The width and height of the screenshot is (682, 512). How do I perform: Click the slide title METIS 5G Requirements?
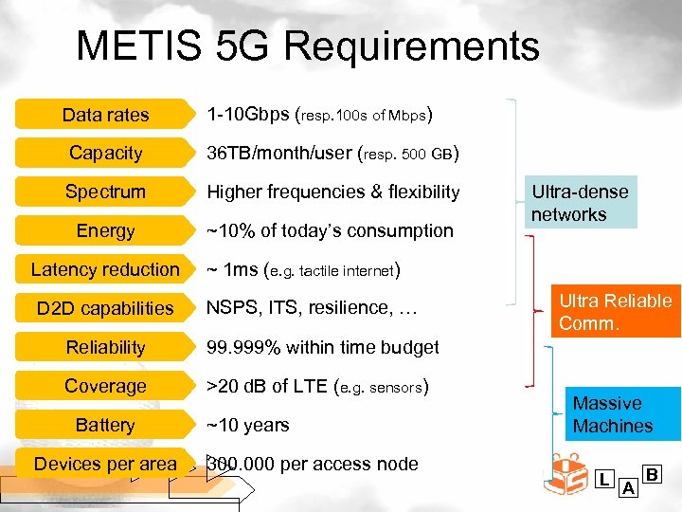(x=307, y=46)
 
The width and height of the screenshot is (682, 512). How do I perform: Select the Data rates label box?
(x=105, y=115)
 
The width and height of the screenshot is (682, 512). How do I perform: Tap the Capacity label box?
(x=105, y=153)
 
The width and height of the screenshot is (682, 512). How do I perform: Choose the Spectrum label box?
(x=105, y=192)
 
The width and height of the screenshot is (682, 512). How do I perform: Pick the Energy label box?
(x=105, y=230)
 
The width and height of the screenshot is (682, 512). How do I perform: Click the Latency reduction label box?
(x=105, y=269)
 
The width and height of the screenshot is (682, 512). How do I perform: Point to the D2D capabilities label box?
(x=105, y=308)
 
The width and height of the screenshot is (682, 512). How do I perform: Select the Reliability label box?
(x=105, y=347)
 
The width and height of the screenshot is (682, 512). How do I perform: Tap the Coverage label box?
(x=105, y=386)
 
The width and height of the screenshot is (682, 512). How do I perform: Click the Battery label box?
(x=105, y=425)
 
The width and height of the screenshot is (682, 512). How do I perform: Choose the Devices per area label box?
(x=105, y=464)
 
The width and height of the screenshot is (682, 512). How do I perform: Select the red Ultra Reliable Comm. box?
(x=615, y=312)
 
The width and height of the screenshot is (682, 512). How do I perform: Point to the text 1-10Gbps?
(x=248, y=115)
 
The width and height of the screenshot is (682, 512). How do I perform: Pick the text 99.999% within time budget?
(x=323, y=347)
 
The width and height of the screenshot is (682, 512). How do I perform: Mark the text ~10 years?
(x=248, y=425)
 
